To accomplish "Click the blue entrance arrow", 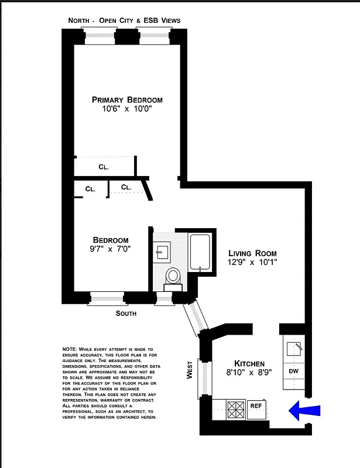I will [305, 411].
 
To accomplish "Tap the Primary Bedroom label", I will [127, 99].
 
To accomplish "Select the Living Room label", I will [252, 253].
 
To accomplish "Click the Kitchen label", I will [249, 363].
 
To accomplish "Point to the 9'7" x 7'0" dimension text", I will [111, 249].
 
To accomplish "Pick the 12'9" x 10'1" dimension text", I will [252, 262].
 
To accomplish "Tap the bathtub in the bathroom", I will [200, 252].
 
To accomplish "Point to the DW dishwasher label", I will [293, 371].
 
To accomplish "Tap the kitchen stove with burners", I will [236, 408].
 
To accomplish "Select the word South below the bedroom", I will [126, 314].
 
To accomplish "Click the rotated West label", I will [190, 370].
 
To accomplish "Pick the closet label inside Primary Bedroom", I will [104, 167].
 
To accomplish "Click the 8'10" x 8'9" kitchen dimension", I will [249, 373].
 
